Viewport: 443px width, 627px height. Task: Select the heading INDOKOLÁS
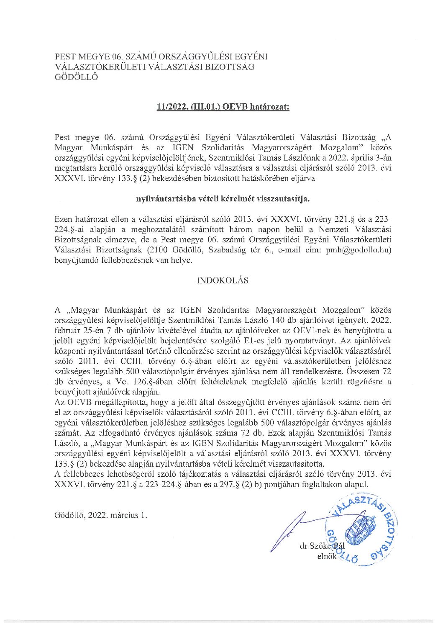pyautogui.click(x=223, y=280)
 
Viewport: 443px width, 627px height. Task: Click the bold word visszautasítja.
pyautogui.click(x=285, y=199)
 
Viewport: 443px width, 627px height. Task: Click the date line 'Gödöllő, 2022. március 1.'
pyautogui.click(x=101, y=515)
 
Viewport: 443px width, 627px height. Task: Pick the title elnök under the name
pyautogui.click(x=327, y=556)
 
